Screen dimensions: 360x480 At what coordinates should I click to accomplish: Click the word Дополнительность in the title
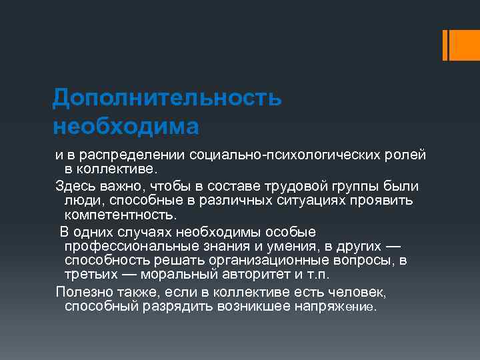[x=167, y=97]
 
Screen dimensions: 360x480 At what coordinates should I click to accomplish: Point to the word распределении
[x=133, y=155]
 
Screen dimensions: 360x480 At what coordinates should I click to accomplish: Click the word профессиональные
[x=131, y=246]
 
